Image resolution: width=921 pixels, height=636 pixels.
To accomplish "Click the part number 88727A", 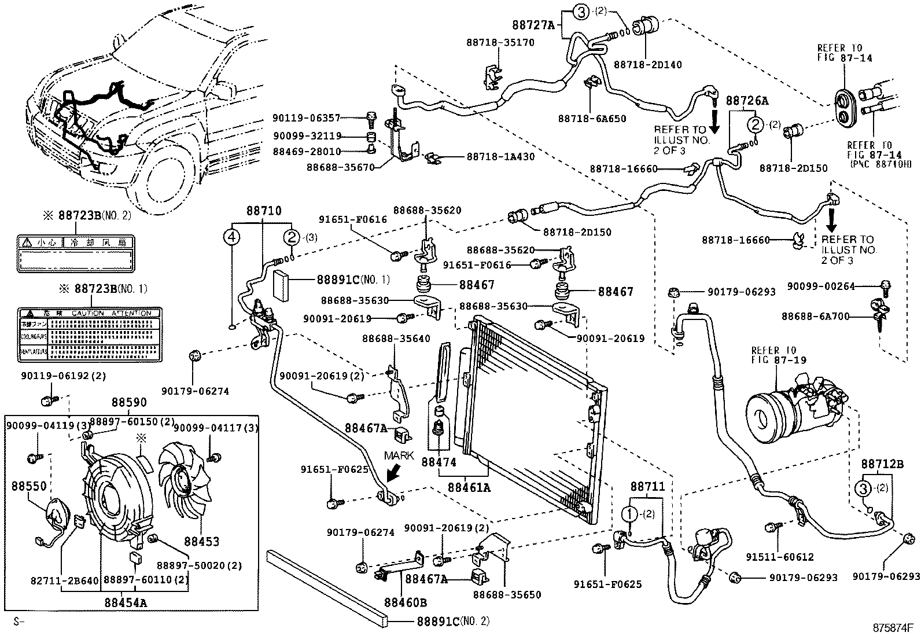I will pyautogui.click(x=533, y=25).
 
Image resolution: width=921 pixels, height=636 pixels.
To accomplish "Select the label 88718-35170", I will pyautogui.click(x=501, y=42).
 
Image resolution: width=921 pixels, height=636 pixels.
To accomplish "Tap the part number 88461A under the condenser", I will pyautogui.click(x=469, y=488).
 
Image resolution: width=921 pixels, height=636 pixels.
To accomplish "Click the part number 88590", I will pyautogui.click(x=129, y=403).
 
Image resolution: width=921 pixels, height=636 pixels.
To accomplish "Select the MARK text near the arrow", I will pyautogui.click(x=399, y=455).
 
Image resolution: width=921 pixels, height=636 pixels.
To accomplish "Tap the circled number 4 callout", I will pyautogui.click(x=231, y=237).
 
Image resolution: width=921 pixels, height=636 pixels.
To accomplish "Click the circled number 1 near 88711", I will pyautogui.click(x=629, y=513).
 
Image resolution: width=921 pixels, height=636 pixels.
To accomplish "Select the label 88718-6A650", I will pyautogui.click(x=592, y=119).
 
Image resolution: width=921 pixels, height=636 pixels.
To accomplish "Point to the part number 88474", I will pyautogui.click(x=439, y=462).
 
